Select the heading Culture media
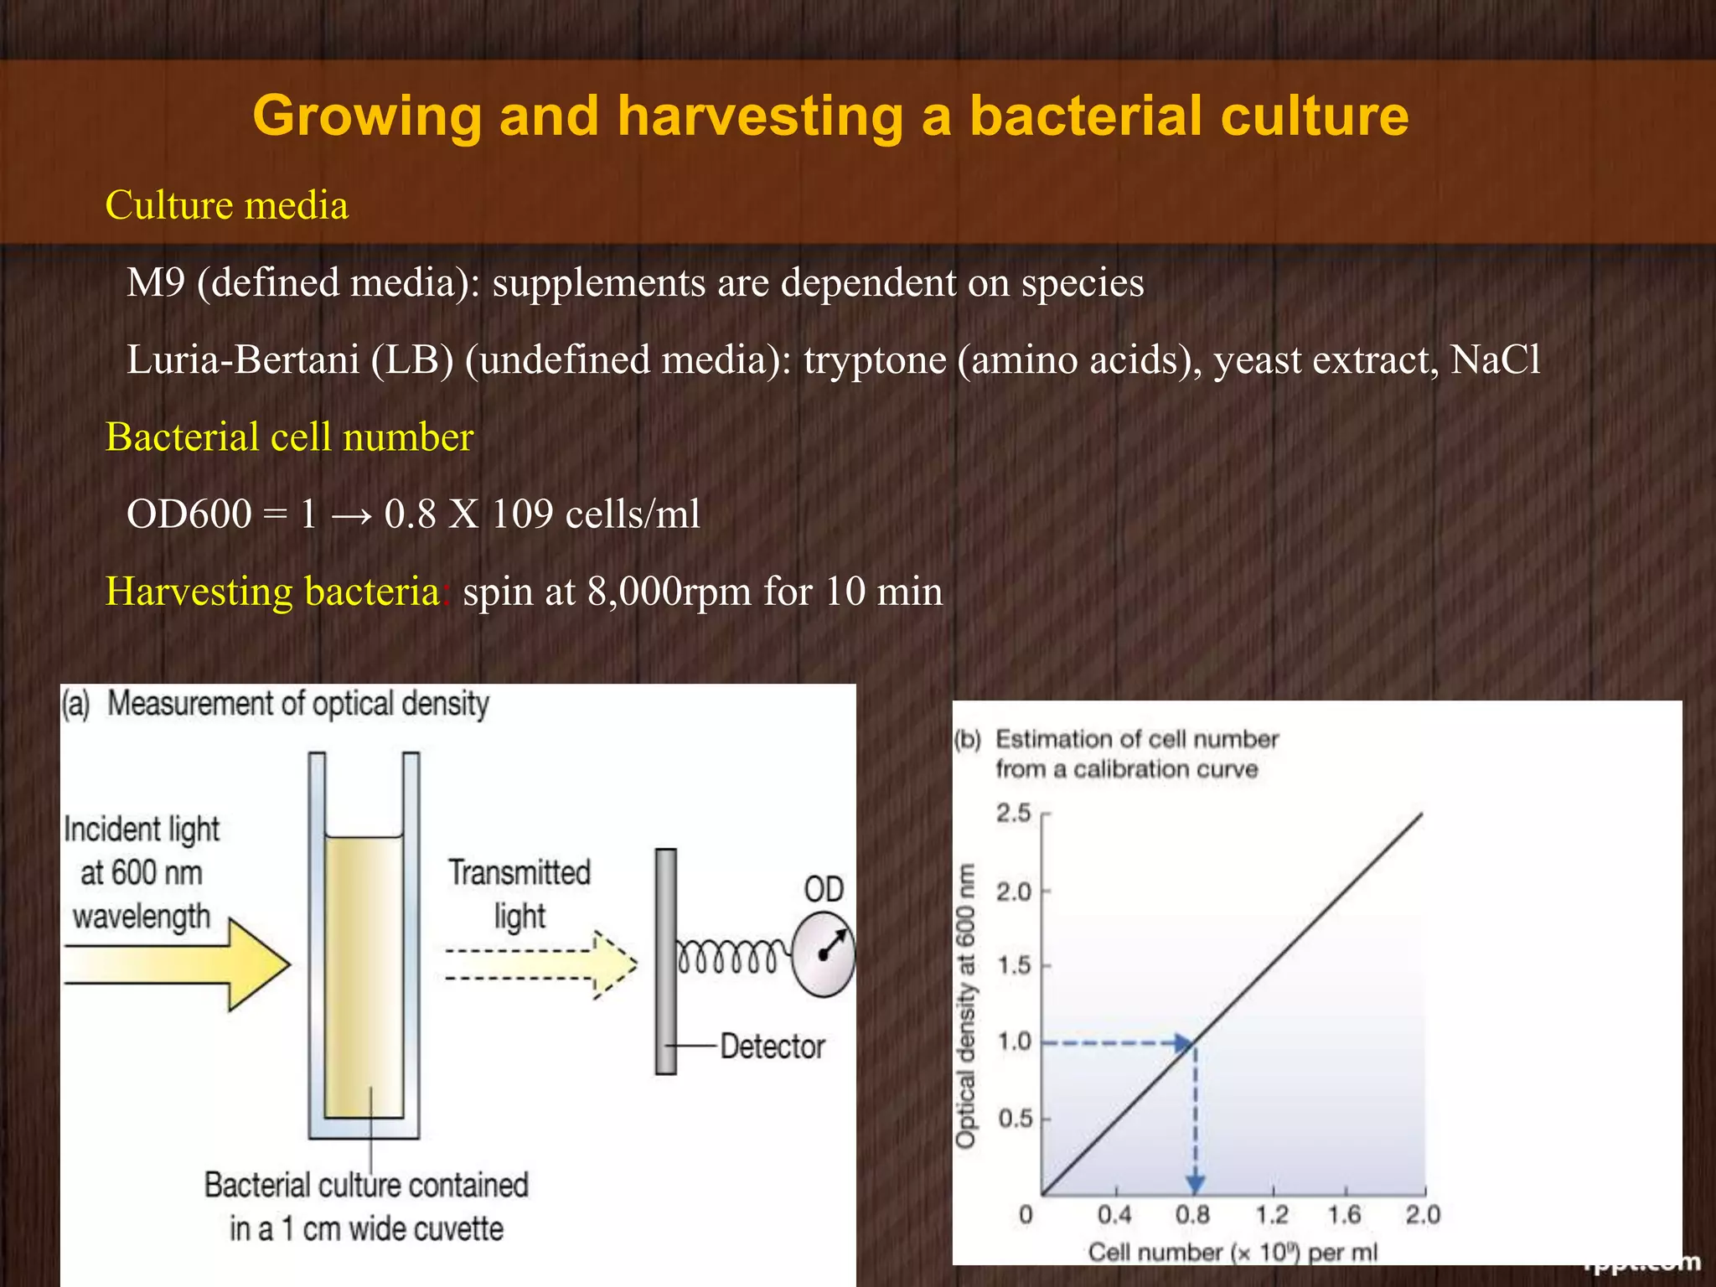tap(226, 205)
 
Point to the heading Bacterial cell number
tap(289, 437)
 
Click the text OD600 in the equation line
tap(189, 514)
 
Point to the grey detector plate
tap(665, 961)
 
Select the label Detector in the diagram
tap(772, 1047)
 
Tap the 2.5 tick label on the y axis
tap(1013, 813)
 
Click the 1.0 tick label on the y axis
tap(1014, 1041)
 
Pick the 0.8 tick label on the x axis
tap(1192, 1214)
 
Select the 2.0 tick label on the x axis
tap(1422, 1214)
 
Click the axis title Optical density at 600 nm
tap(966, 1005)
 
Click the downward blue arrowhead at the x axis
tap(1196, 1184)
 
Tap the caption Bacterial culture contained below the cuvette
tap(366, 1185)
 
